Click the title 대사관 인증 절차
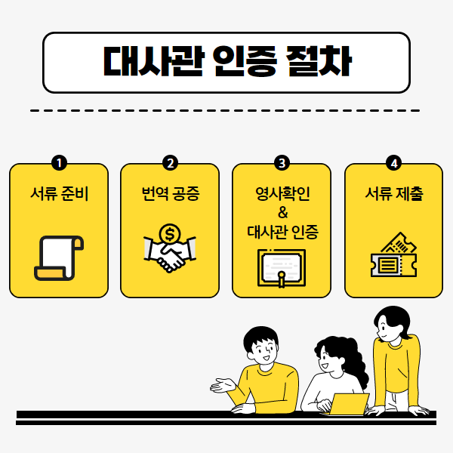click(x=226, y=62)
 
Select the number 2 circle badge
click(x=170, y=163)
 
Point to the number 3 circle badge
click(x=282, y=163)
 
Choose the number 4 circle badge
click(x=393, y=163)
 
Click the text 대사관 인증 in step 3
click(x=282, y=232)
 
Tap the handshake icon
click(x=169, y=255)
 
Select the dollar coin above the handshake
click(x=169, y=234)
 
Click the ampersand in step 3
click(x=282, y=212)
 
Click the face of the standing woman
click(x=390, y=327)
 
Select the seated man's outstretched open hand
click(x=221, y=385)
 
